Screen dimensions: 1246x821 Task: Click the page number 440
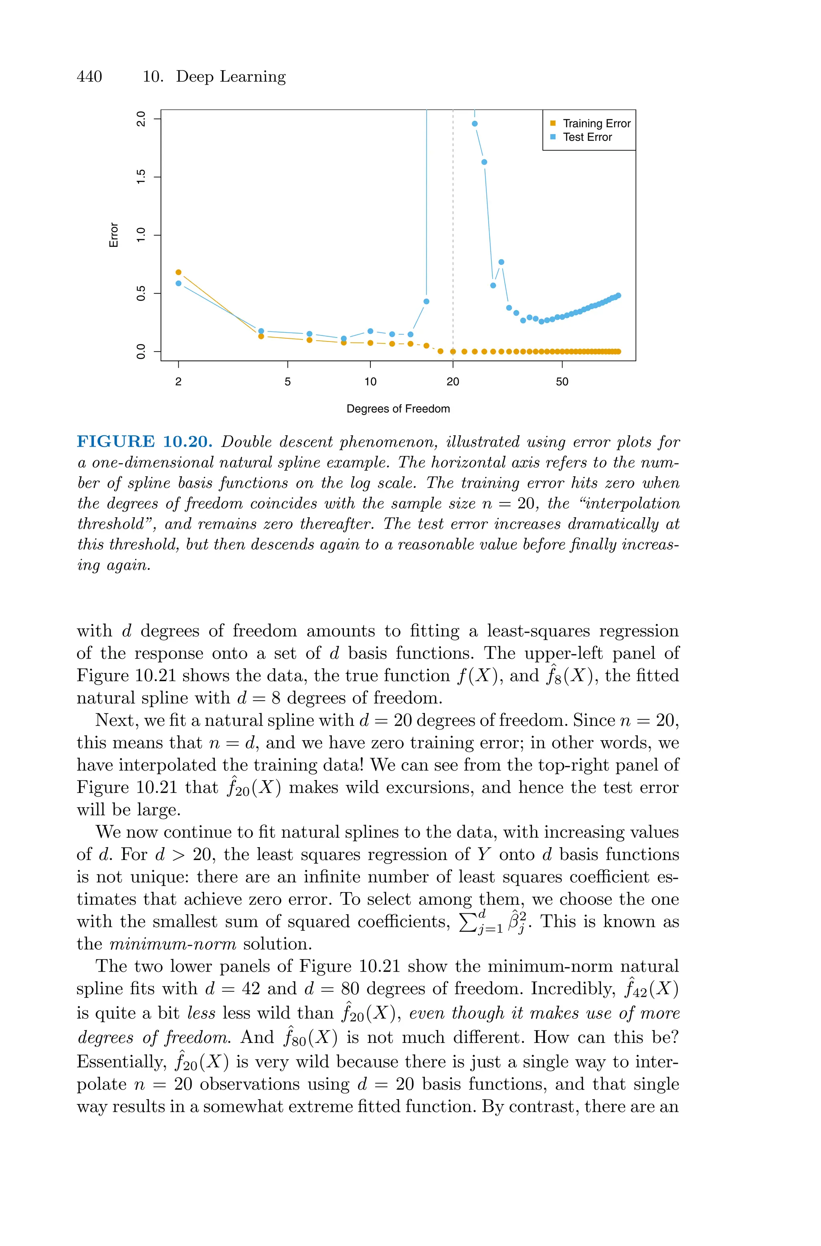(89, 77)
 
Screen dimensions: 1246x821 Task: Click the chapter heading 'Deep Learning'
(231, 77)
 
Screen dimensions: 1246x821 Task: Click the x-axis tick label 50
(562, 382)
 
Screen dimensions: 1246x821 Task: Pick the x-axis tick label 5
(287, 382)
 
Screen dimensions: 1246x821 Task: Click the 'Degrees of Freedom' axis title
(398, 409)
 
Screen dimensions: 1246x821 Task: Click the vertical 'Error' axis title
(113, 235)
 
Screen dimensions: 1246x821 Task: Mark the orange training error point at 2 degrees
(178, 272)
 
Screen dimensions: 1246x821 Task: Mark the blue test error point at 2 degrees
(178, 283)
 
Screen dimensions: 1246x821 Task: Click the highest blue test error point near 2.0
(474, 124)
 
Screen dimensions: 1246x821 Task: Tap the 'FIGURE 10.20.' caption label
(144, 442)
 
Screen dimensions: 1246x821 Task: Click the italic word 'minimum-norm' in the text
(173, 944)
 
